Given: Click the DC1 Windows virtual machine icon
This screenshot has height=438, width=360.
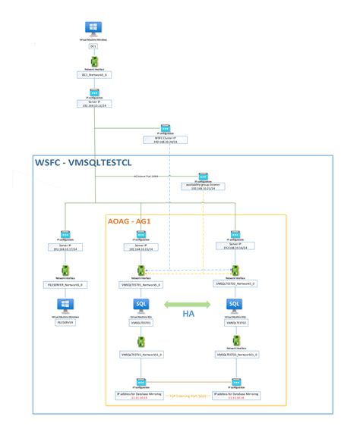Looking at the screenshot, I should pyautogui.click(x=94, y=29).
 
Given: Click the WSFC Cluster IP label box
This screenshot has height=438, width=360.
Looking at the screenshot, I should pyautogui.click(x=165, y=140).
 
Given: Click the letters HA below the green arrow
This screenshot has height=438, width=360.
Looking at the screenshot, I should pyautogui.click(x=187, y=312).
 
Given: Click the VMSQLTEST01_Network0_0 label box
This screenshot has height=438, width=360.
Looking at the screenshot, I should pyautogui.click(x=141, y=285).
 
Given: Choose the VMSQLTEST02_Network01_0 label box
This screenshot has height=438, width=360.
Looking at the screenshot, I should pyautogui.click(x=235, y=354).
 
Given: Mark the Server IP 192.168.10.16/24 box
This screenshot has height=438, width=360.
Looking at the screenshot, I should pyautogui.click(x=235, y=246).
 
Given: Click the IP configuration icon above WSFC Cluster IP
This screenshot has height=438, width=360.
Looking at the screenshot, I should pyautogui.click(x=165, y=130).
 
